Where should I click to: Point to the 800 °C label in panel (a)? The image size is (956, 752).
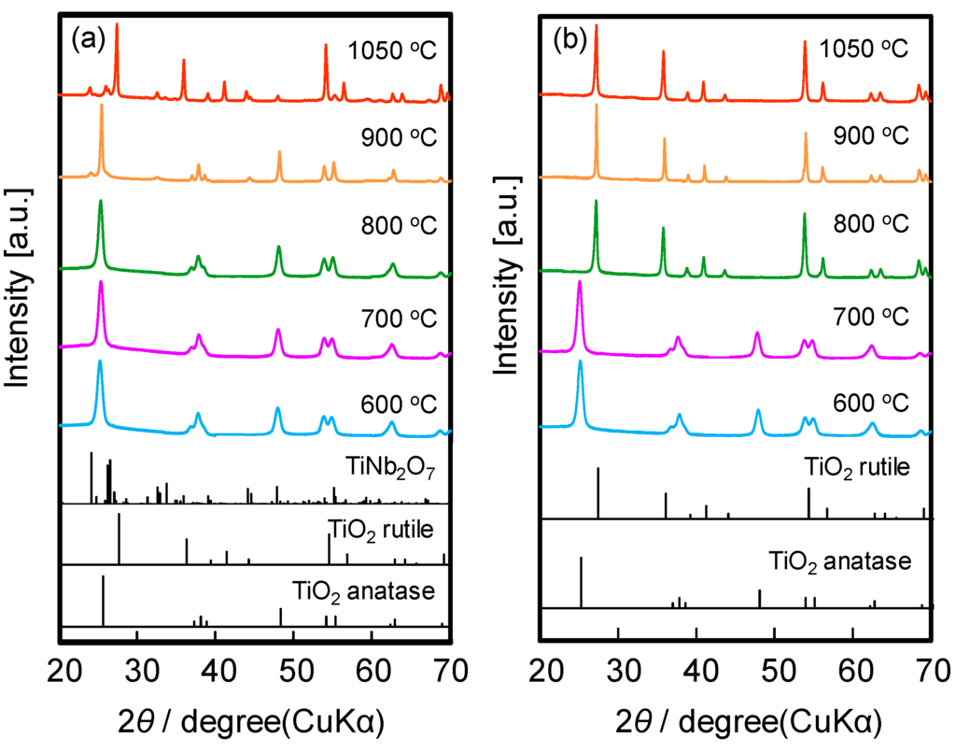(x=391, y=225)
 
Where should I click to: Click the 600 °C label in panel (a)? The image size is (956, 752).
(x=391, y=404)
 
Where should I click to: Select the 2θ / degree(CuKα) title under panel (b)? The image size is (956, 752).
(x=737, y=720)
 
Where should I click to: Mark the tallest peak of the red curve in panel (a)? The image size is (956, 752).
(x=117, y=25)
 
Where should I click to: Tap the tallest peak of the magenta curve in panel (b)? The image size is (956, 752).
(x=580, y=282)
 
